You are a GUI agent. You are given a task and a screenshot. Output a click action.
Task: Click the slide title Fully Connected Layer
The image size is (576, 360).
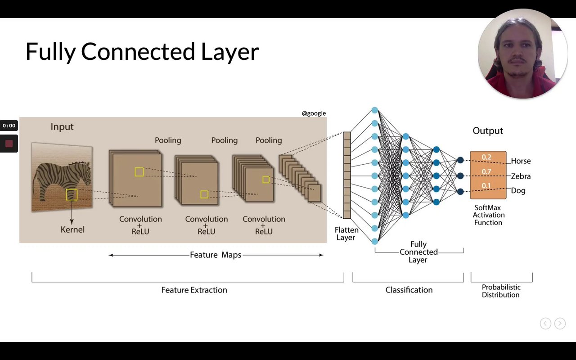(x=142, y=51)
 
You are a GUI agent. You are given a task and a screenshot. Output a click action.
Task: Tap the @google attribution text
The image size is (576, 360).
(x=314, y=113)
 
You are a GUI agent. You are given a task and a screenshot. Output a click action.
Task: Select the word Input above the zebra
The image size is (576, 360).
(x=62, y=127)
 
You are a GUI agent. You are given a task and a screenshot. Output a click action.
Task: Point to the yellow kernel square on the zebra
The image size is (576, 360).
(x=72, y=194)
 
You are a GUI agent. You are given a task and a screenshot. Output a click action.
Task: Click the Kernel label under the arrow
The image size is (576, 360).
(x=72, y=229)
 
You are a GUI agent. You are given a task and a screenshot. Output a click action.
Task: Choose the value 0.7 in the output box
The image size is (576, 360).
(x=486, y=171)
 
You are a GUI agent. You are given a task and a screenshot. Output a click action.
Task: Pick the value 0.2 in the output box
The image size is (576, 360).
(x=486, y=157)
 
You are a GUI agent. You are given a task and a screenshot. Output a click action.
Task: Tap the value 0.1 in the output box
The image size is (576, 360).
(x=486, y=185)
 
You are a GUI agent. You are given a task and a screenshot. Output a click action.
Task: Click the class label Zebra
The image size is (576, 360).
(x=521, y=176)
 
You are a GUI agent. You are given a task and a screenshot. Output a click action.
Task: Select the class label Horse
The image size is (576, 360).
(x=521, y=161)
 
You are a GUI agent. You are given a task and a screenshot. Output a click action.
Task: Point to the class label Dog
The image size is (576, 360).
(x=518, y=191)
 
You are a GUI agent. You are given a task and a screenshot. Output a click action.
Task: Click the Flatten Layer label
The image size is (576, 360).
(x=346, y=234)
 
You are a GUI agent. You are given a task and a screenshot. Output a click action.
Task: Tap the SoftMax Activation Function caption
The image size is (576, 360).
(x=488, y=215)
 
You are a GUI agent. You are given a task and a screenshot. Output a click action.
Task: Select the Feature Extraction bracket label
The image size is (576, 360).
(x=194, y=290)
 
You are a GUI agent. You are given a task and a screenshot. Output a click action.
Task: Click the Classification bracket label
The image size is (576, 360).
(x=409, y=290)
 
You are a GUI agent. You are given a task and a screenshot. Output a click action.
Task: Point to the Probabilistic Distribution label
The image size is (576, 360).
(x=501, y=291)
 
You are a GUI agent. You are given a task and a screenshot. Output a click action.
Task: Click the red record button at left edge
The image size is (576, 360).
(x=9, y=144)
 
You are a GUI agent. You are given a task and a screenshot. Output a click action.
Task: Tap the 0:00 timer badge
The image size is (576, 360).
(x=9, y=126)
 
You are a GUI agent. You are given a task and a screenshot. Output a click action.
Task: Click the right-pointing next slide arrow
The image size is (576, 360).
(x=560, y=323)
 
